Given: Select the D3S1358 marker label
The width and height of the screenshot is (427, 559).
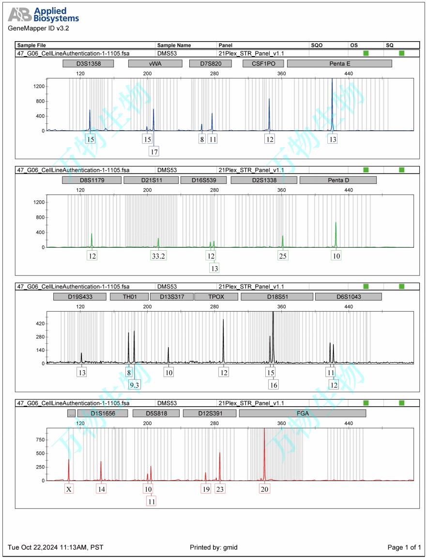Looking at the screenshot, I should (x=88, y=63).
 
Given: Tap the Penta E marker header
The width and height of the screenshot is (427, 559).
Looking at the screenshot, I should (x=339, y=63).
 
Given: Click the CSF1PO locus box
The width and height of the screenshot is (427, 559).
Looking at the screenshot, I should (x=263, y=63).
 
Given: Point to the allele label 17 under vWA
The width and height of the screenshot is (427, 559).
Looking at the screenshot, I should (x=154, y=151).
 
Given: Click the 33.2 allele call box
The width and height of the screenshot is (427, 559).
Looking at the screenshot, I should (x=158, y=256).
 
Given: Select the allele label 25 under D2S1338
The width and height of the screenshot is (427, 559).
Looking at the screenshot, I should (x=283, y=256).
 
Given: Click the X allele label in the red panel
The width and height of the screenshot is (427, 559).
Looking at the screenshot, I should (x=69, y=489).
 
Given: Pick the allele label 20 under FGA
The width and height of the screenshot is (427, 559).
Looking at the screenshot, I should (x=264, y=489).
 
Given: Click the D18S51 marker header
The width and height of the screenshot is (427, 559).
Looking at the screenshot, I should (x=277, y=297).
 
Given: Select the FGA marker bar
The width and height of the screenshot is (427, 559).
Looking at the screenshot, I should (x=303, y=413).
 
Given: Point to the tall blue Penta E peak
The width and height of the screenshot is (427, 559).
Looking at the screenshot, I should (x=332, y=97).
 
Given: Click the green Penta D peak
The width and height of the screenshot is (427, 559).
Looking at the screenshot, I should (x=335, y=235).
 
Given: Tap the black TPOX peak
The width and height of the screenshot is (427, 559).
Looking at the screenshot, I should (x=223, y=339).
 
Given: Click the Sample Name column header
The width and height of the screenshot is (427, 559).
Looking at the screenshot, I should (x=174, y=45).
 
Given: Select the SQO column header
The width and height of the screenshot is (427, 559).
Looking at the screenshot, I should (x=317, y=45).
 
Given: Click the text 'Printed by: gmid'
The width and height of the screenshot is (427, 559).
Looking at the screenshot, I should (x=213, y=547).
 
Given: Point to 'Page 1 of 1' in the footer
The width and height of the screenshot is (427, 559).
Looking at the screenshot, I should (x=404, y=547).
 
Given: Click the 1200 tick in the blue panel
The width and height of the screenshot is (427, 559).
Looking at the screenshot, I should (x=39, y=86).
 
